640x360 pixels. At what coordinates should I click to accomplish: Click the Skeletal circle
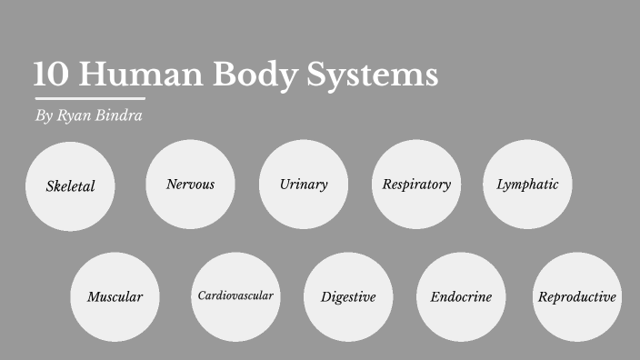(x=70, y=186)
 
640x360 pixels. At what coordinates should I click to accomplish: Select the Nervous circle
(x=190, y=185)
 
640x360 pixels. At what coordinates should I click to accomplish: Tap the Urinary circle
(x=304, y=185)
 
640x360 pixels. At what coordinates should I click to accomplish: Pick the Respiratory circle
(x=416, y=185)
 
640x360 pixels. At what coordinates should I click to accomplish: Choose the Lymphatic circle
(x=527, y=185)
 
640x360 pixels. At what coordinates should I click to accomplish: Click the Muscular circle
(x=115, y=296)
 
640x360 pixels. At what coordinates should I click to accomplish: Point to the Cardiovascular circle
(x=235, y=295)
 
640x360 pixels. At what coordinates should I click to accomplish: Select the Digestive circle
(x=348, y=296)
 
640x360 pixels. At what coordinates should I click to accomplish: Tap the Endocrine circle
(x=461, y=296)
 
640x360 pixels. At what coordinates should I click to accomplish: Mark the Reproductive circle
(x=577, y=296)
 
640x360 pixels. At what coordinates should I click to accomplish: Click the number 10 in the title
(x=50, y=75)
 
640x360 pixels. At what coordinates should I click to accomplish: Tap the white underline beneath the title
(x=90, y=97)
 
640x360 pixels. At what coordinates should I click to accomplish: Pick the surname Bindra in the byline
(x=120, y=116)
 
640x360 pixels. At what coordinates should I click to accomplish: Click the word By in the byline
(x=44, y=117)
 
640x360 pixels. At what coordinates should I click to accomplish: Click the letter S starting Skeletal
(x=50, y=186)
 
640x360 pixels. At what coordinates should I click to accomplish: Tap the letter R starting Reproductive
(x=543, y=296)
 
